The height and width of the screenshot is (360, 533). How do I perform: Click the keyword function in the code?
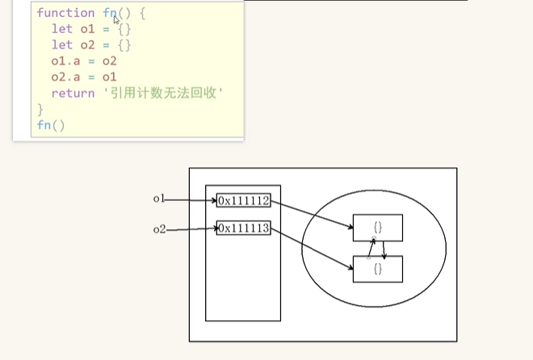tap(65, 13)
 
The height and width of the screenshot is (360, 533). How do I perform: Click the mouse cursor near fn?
tap(116, 20)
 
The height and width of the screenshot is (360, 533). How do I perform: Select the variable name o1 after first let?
tap(87, 29)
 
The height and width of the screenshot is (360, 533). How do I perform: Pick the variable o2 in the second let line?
tap(87, 45)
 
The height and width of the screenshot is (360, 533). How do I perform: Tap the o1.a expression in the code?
tap(65, 61)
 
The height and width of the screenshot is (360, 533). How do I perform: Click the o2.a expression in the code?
tap(65, 77)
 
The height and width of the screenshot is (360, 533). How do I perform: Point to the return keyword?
tap(73, 93)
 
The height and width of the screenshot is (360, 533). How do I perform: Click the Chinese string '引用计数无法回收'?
tap(163, 93)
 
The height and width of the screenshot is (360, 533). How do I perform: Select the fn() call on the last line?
tap(51, 125)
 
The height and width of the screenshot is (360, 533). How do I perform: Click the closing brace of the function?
tap(40, 109)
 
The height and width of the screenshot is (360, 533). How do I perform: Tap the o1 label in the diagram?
tap(159, 199)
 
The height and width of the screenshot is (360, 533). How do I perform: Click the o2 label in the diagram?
tap(159, 229)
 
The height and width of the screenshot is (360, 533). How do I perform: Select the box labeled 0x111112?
tap(243, 200)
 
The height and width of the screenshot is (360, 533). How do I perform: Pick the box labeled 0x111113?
tap(243, 228)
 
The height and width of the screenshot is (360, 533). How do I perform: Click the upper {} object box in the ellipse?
tap(378, 228)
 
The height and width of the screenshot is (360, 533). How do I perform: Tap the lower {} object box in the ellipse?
tap(378, 269)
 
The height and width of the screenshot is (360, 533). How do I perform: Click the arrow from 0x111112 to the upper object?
tap(312, 214)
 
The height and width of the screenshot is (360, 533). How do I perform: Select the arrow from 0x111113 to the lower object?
tap(312, 249)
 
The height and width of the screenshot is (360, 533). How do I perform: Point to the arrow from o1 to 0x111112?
tap(191, 200)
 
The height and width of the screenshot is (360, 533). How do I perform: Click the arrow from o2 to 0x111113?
tap(191, 229)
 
